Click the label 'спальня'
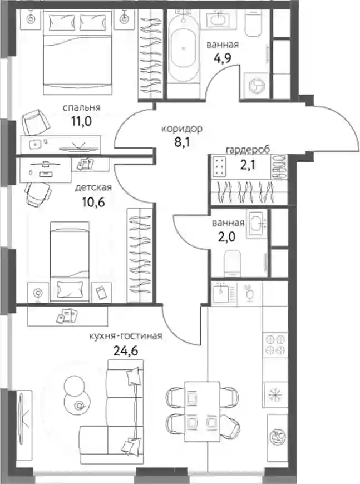(81, 108)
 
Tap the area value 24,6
(125, 350)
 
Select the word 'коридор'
(182, 129)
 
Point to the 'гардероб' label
(248, 150)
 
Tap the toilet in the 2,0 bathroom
(232, 263)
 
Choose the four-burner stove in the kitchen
(275, 344)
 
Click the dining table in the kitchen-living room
(202, 412)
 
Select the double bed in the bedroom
(77, 52)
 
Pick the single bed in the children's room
(70, 261)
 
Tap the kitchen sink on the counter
(221, 293)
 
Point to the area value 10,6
(93, 202)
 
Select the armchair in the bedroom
(36, 122)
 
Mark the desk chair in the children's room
(38, 194)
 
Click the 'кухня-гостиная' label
(125, 336)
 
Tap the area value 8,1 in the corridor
(182, 142)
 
